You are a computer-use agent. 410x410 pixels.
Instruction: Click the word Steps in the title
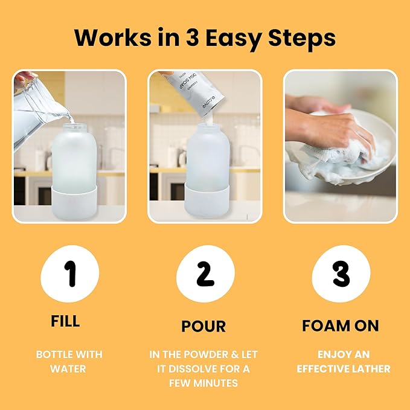pyautogui.click(x=302, y=38)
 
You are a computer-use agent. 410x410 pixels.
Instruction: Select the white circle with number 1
pyautogui.click(x=69, y=274)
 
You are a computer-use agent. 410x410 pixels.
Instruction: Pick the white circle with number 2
pyautogui.click(x=205, y=274)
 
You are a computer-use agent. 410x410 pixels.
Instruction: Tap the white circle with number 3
pyautogui.click(x=341, y=274)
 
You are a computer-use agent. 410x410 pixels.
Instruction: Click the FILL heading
pyautogui.click(x=65, y=321)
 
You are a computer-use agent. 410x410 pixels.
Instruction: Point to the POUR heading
pyautogui.click(x=203, y=327)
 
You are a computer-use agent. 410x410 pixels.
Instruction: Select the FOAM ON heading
pyautogui.click(x=341, y=326)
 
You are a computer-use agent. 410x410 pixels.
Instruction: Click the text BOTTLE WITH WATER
pyautogui.click(x=69, y=361)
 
